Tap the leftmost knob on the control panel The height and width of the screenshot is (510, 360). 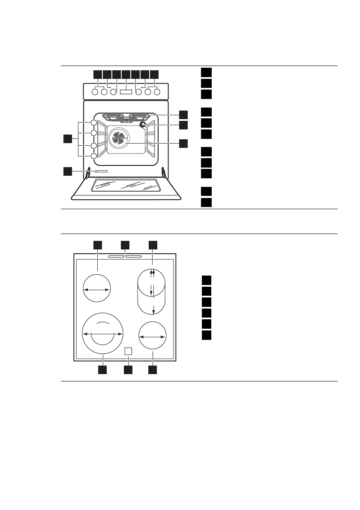point(95,91)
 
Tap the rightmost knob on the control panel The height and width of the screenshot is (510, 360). point(157,91)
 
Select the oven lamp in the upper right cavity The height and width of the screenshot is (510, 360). point(143,125)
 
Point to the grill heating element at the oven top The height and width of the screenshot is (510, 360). point(124,116)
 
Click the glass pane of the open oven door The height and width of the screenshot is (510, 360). point(127,185)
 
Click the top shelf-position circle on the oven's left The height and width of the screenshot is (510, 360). point(94,123)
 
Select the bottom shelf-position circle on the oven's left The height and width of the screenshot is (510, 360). point(94,156)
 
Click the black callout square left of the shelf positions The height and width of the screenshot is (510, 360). point(67,139)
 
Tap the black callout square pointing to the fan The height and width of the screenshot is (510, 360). point(183,143)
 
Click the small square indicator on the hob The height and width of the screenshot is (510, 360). point(127,351)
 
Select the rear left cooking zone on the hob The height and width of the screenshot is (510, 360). point(96,290)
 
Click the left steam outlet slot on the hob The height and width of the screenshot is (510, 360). point(116,258)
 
